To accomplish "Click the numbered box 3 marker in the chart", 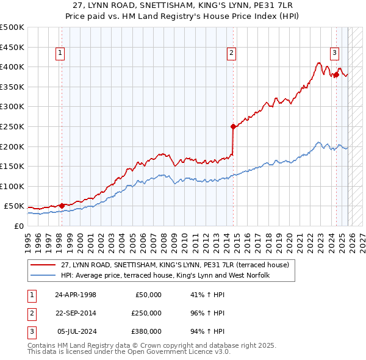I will tap(335, 52).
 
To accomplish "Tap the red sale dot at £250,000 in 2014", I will tap(233, 127).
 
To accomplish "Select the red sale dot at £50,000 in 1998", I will tap(62, 206).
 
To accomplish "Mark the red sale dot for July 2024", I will tap(336, 75).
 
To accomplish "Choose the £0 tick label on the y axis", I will tap(18, 226).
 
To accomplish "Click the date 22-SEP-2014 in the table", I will tap(76, 313).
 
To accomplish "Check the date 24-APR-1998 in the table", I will tap(76, 295).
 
